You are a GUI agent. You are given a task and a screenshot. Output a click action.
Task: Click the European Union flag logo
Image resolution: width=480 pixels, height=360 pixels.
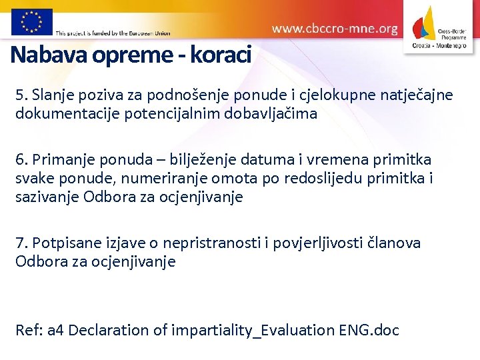(x=31, y=21)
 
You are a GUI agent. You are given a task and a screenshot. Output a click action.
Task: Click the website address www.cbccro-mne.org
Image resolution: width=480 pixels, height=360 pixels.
(x=335, y=29)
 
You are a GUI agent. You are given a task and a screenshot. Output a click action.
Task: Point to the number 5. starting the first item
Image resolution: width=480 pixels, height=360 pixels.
(x=22, y=95)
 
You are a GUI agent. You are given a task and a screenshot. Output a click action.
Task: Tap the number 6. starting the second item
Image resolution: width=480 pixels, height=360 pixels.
(x=23, y=160)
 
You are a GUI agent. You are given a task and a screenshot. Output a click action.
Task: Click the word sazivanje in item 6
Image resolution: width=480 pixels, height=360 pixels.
(x=48, y=197)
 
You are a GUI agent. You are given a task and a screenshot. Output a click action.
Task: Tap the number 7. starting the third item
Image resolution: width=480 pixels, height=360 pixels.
(x=23, y=243)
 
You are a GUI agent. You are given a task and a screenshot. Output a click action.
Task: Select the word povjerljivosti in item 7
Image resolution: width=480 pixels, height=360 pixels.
(x=323, y=243)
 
